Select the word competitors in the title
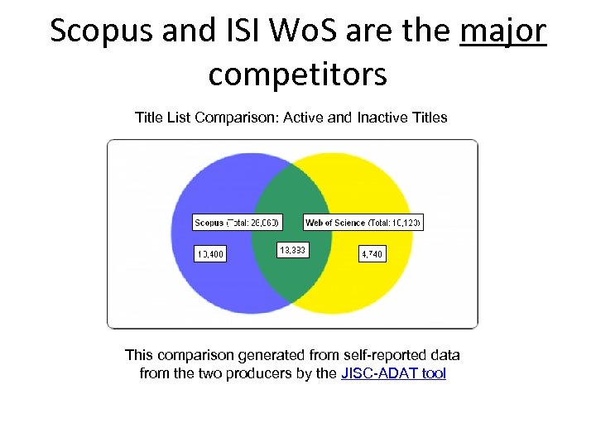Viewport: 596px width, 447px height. (297, 74)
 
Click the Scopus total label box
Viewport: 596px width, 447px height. (238, 223)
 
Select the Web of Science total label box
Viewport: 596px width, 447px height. (363, 223)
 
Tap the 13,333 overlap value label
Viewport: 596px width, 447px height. (292, 249)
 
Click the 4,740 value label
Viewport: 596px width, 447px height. (372, 254)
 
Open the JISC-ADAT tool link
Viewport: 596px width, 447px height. (393, 373)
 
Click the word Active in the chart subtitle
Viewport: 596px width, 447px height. (304, 118)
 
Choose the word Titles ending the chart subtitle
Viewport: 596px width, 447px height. (430, 118)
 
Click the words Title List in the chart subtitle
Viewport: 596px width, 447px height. (163, 118)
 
